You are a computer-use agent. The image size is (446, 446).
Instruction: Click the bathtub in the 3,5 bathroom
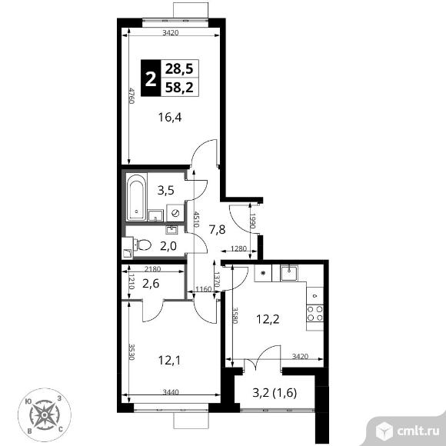pyautogui.click(x=136, y=197)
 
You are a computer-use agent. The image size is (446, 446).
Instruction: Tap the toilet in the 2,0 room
pyautogui.click(x=143, y=245)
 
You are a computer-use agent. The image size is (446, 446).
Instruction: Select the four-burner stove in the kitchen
pyautogui.click(x=315, y=314)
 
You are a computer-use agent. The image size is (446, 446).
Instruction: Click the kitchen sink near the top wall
pyautogui.click(x=289, y=272)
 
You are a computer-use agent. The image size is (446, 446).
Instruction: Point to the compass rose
pyautogui.click(x=45, y=415)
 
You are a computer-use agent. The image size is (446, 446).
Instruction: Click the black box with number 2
pyautogui.click(x=151, y=78)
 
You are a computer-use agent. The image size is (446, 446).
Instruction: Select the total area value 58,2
pyautogui.click(x=179, y=87)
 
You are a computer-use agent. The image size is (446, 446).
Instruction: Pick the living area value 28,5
pyautogui.click(x=179, y=69)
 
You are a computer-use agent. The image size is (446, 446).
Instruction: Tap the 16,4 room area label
pyautogui.click(x=170, y=117)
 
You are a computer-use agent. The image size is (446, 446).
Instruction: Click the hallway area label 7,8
pyautogui.click(x=218, y=229)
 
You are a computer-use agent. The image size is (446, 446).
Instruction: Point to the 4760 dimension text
pyautogui.click(x=131, y=96)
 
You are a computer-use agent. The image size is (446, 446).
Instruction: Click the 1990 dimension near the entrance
pyautogui.click(x=253, y=221)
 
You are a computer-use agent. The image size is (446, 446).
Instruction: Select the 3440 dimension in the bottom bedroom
pyautogui.click(x=171, y=392)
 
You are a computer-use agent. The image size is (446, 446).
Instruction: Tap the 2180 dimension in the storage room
pyautogui.click(x=153, y=268)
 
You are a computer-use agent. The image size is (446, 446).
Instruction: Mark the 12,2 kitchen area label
pyautogui.click(x=268, y=319)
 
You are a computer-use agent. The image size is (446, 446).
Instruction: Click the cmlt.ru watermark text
pyautogui.click(x=418, y=431)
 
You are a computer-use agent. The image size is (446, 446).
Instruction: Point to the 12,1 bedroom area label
pyautogui.click(x=169, y=361)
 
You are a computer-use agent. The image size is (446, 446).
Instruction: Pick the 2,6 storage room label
pyautogui.click(x=151, y=284)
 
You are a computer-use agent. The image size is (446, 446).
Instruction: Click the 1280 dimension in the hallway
pyautogui.click(x=238, y=248)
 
